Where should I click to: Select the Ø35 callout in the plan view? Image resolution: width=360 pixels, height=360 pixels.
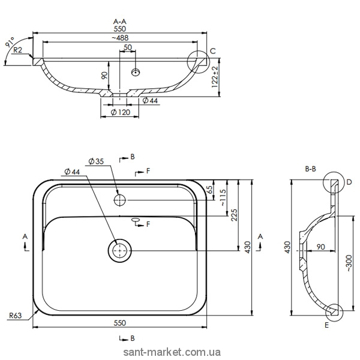click(x=97, y=160)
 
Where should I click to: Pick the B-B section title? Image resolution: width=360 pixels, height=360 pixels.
click(x=311, y=170)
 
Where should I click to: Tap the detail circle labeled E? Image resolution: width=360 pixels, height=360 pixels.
click(x=334, y=311)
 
